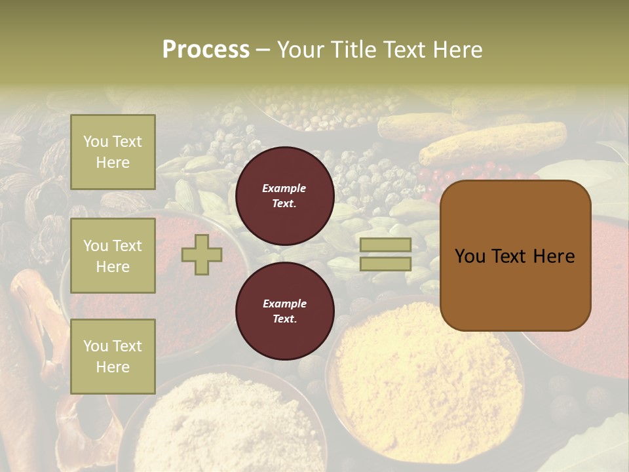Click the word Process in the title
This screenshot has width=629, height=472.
click(206, 50)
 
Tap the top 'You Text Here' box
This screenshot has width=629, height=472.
click(113, 152)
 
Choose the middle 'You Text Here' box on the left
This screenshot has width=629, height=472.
click(113, 256)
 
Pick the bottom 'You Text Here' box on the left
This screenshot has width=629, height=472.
click(113, 356)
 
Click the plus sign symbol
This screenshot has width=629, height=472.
click(202, 254)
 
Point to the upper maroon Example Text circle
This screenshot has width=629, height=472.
click(284, 196)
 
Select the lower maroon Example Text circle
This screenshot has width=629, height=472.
click(284, 311)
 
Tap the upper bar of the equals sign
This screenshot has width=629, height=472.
click(385, 245)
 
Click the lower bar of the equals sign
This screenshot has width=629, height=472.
click(385, 264)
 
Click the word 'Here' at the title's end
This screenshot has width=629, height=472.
click(458, 50)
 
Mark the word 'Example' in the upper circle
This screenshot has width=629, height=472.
click(284, 189)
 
